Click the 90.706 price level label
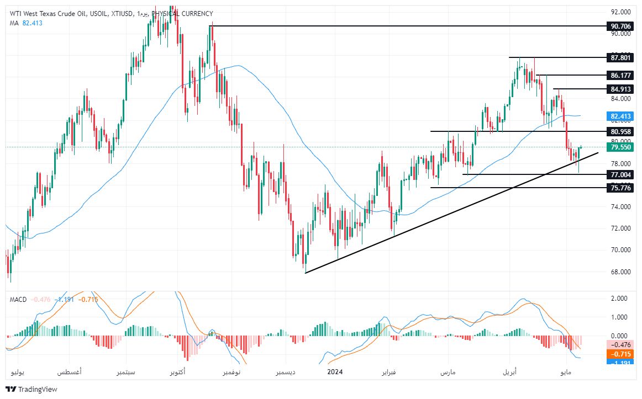tap(619, 26)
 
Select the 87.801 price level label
tap(619, 57)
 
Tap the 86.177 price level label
tap(619, 75)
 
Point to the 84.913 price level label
tap(619, 89)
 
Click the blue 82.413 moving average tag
tap(619, 116)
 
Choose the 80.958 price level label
tap(619, 131)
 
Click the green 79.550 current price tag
tap(619, 147)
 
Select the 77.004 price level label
tap(619, 174)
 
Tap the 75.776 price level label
tap(619, 188)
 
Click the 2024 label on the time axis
tap(335, 372)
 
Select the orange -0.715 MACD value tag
tap(619, 354)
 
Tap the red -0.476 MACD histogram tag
tap(619, 345)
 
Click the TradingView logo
tap(31, 389)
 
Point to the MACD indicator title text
tap(18, 299)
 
